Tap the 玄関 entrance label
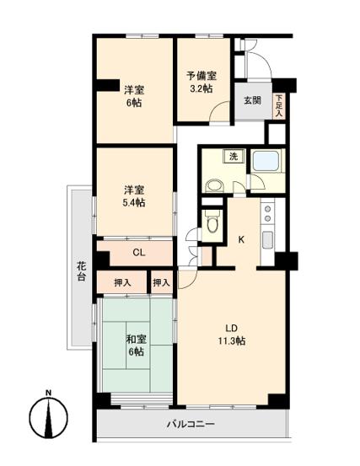[252, 100]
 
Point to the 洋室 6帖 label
[133, 95]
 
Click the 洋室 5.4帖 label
[133, 196]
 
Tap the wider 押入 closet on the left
[122, 282]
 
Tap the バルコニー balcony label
[190, 424]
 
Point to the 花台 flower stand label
[80, 270]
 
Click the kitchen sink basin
[268, 239]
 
